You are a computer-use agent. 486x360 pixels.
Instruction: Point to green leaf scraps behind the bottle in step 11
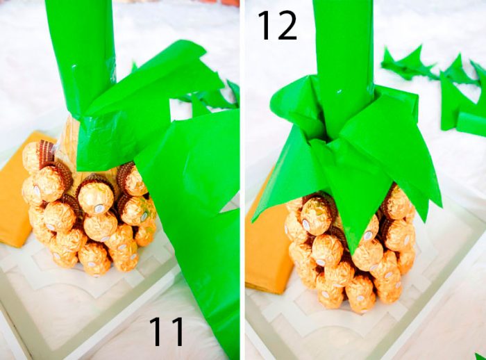click(x=215, y=97)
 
